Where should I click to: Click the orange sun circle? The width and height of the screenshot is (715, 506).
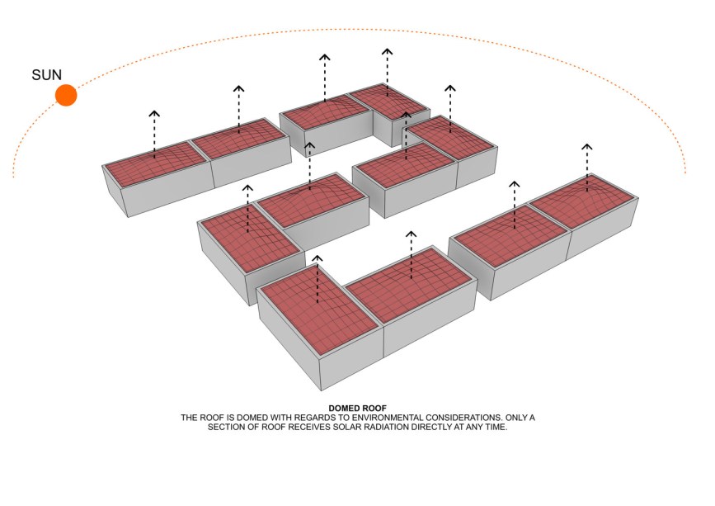pyautogui.click(x=66, y=95)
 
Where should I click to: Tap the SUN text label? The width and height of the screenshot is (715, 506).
pyautogui.click(x=46, y=75)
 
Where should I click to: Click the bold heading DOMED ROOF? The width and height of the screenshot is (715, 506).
pyautogui.click(x=358, y=409)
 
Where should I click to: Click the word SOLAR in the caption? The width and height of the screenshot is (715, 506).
pyautogui.click(x=348, y=427)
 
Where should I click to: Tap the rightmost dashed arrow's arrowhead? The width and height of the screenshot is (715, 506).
pyautogui.click(x=587, y=147)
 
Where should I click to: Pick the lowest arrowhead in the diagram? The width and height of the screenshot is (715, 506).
pyautogui.click(x=317, y=258)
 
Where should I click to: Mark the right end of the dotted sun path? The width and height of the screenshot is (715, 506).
pyautogui.click(x=685, y=173)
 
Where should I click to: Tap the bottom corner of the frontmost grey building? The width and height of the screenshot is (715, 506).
pyautogui.click(x=322, y=391)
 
